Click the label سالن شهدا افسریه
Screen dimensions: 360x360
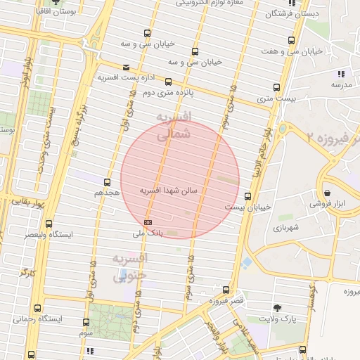[x=171, y=191]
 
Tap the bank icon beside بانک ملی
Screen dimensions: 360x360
[x=147, y=222]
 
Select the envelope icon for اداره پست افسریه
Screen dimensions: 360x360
[x=106, y=67]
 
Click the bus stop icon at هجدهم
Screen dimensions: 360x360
[x=108, y=182]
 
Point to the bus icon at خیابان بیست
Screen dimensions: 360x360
[x=247, y=196]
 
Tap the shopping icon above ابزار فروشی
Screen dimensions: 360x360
[x=328, y=193]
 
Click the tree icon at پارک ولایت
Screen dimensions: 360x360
[x=276, y=307]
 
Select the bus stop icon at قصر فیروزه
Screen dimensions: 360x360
[x=226, y=290]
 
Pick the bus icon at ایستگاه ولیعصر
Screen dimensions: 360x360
[x=49, y=224]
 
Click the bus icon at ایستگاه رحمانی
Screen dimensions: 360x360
[x=37, y=308]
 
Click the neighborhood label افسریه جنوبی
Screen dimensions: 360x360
[x=129, y=266]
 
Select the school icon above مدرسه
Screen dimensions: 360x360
[x=341, y=74]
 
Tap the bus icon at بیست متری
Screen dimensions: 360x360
[x=276, y=88]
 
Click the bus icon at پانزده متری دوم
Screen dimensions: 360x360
[x=169, y=82]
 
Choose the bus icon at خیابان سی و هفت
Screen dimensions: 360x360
[x=291, y=41]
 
